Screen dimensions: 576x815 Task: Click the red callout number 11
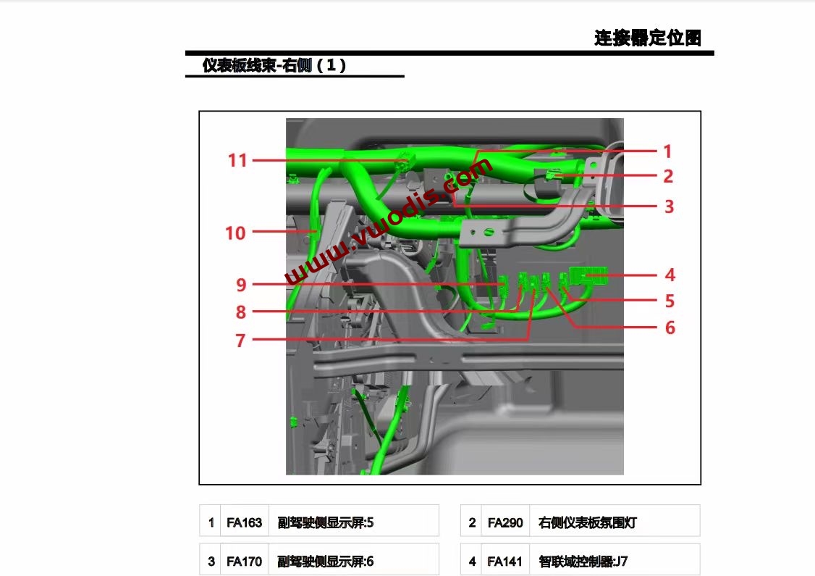tap(237, 160)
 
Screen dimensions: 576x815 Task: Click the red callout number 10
tap(235, 233)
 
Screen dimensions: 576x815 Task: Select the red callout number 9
tap(241, 285)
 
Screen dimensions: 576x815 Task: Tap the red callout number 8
tap(240, 312)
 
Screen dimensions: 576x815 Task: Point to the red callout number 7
tap(240, 340)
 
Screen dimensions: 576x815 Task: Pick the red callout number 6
tap(670, 327)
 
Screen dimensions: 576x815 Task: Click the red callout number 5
tap(670, 301)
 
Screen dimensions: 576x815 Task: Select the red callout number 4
tap(670, 275)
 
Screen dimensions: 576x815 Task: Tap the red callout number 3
tap(669, 206)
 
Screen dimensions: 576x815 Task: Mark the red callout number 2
tap(668, 176)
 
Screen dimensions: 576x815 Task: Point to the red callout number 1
tap(667, 151)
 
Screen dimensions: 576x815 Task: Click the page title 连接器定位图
tap(647, 38)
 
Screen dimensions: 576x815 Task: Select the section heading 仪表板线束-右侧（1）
tap(274, 65)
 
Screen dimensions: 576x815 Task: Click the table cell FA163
tap(244, 522)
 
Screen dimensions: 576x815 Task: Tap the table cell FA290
tap(505, 522)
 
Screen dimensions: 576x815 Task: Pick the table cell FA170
tap(244, 561)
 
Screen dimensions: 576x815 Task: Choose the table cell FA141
tap(505, 561)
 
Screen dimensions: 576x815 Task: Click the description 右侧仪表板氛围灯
tap(588, 522)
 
